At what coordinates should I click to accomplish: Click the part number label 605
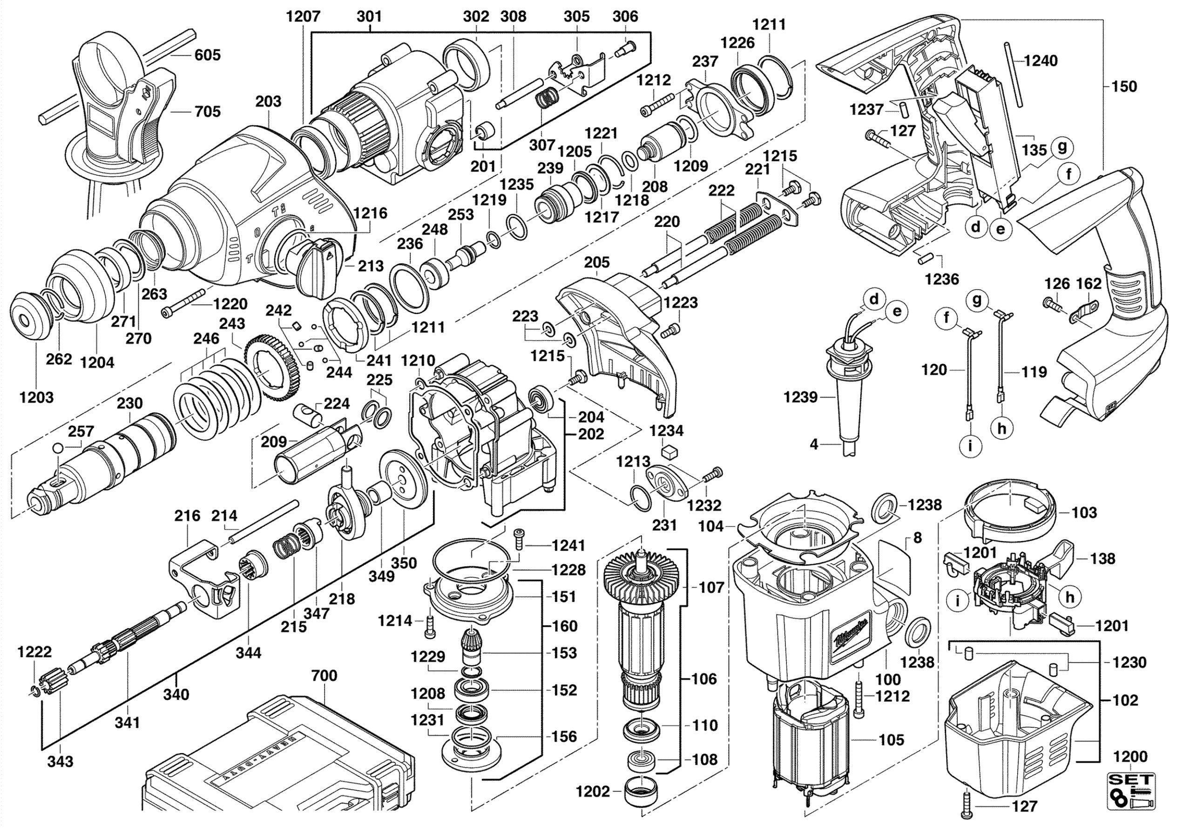pos(207,55)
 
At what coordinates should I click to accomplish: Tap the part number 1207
pos(304,16)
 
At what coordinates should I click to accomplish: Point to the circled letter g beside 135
pos(1062,148)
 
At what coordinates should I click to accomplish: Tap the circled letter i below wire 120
pos(970,445)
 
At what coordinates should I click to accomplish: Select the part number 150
pos(1124,86)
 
